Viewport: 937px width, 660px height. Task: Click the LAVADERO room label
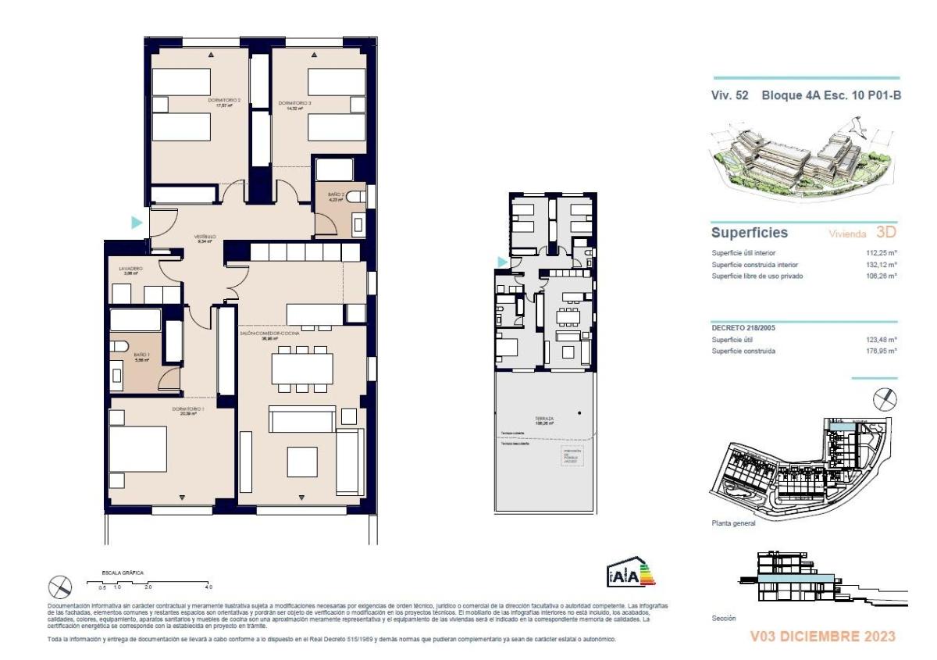pyautogui.click(x=130, y=270)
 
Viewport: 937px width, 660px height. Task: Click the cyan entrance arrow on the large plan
pyautogui.click(x=136, y=223)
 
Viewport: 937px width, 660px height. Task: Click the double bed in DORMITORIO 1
pyautogui.click(x=139, y=449)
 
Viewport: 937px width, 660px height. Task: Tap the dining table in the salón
pyautogui.click(x=301, y=367)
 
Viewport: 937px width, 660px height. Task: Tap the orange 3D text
pyautogui.click(x=886, y=233)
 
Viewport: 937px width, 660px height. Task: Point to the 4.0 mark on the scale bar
pyautogui.click(x=208, y=586)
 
